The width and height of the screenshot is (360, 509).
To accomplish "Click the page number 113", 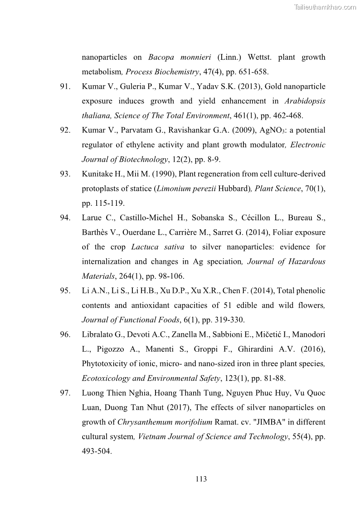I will pyautogui.click(x=201, y=479).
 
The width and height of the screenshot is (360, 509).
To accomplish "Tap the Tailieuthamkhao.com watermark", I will pyautogui.click(x=325, y=7).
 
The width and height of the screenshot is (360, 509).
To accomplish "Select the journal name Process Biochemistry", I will pyautogui.click(x=162, y=72).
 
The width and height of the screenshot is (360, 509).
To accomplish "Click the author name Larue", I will pyautogui.click(x=92, y=218).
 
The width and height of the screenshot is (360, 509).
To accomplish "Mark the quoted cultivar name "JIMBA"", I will pyautogui.click(x=271, y=422).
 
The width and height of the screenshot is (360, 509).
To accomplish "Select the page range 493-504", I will pyautogui.click(x=96, y=451).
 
